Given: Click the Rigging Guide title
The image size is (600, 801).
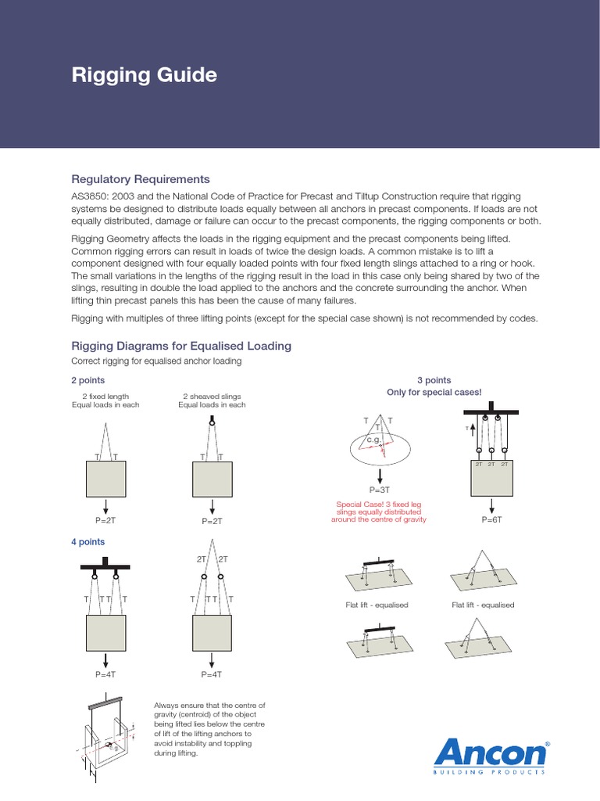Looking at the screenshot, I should pos(144,76).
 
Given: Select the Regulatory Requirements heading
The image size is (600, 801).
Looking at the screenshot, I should pos(141,179).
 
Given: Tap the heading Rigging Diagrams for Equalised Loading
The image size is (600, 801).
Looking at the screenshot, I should pos(181,346).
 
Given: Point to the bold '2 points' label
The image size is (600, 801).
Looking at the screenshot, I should pos(87,380).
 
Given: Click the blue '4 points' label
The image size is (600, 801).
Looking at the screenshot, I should pos(87,541).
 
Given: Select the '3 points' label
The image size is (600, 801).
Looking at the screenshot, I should pos(434,380).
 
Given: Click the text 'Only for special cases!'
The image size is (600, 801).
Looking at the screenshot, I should pos(434,392).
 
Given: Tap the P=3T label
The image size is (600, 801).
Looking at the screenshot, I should pos(379,489).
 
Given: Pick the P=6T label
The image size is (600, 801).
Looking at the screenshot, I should pos(491,519).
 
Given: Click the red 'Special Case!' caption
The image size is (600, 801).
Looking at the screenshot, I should pos(379,512).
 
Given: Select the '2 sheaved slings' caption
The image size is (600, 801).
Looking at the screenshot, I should pos(211,397).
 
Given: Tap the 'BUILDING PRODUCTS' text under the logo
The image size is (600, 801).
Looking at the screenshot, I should pos(489,773).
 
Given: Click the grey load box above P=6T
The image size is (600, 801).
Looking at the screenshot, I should pos(491,478).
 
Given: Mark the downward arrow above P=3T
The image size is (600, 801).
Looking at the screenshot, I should pos(379,475).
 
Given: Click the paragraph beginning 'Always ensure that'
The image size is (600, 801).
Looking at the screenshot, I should pos(210,729).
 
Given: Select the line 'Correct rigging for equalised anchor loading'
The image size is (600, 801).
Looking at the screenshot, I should pos(156,361).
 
